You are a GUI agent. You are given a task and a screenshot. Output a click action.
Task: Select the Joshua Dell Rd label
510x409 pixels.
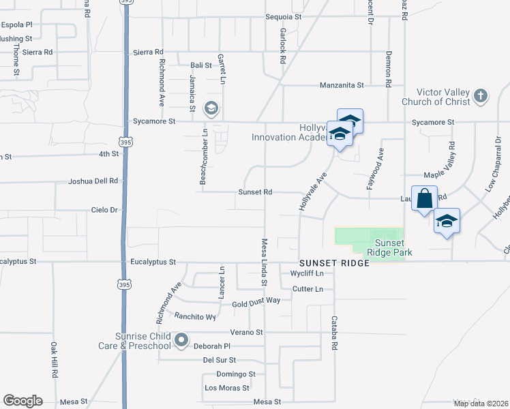pos(93,181)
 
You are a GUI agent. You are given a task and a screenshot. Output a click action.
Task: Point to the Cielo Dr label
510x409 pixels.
pos(104,210)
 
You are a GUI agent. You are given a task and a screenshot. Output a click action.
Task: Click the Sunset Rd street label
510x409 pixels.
pos(255,192)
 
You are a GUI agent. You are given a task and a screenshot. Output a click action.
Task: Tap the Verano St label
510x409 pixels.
pos(250,333)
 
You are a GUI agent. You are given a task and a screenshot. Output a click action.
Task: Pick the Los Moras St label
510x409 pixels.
pos(222,388)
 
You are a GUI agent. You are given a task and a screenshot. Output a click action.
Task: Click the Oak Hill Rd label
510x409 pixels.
pos(53,359)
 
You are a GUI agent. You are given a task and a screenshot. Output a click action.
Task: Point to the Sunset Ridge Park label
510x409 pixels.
pos(389,247)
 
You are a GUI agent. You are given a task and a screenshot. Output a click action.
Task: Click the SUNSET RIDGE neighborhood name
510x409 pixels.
pos(334,263)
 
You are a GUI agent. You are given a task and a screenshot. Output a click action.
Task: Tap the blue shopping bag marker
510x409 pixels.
pos(424,198)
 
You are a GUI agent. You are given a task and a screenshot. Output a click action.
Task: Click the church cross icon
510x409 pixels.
pos(481,95)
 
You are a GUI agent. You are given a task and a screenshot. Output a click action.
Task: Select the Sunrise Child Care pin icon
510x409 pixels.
pos(181,339)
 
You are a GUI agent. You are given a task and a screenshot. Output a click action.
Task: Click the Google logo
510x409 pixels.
pos(22,401)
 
